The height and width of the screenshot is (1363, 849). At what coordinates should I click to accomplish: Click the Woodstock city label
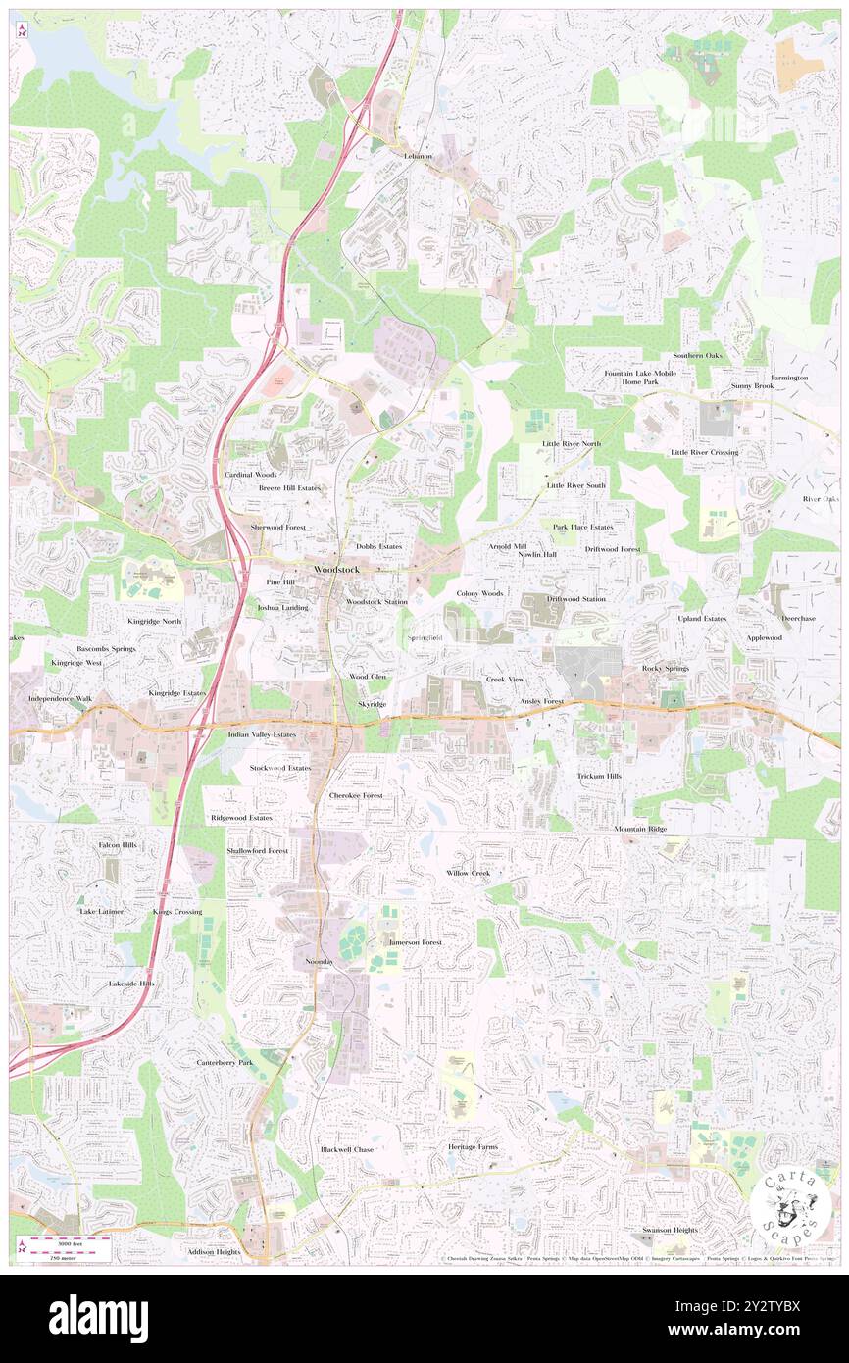point(336,570)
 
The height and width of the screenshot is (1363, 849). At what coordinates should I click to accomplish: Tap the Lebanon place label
point(418,156)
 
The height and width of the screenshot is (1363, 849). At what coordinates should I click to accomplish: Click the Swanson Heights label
point(670,1230)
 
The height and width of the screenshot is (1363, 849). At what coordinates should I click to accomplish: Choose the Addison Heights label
point(214,1252)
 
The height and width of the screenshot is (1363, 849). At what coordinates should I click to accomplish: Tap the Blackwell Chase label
point(347,1149)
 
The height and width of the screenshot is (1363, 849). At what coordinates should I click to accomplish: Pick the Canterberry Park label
point(225,1062)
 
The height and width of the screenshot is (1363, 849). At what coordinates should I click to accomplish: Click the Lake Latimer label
point(101,911)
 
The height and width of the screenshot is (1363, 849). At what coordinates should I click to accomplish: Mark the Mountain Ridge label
point(640,829)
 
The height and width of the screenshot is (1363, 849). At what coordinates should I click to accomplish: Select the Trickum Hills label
point(599,776)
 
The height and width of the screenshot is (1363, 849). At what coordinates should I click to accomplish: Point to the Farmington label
point(789,378)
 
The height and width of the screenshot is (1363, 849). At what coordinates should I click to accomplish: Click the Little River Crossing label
point(704,452)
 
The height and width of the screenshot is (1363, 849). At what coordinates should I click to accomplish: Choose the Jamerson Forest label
point(415,941)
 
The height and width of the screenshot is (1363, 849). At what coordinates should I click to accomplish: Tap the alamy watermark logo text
point(98,1318)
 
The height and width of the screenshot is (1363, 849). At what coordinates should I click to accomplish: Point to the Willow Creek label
point(468,873)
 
